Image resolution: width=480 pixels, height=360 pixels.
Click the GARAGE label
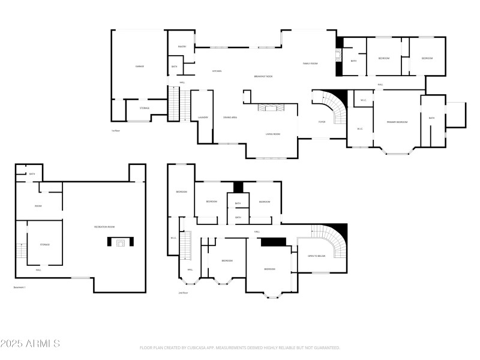click(139, 66)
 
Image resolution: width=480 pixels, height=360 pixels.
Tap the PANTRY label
click(182, 47)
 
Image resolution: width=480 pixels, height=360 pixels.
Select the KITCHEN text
click(217, 71)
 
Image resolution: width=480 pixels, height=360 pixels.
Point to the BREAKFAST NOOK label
click(263, 76)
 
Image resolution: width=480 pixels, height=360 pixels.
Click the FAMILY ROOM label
click(310, 63)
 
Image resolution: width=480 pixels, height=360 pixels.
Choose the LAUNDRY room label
click(203, 117)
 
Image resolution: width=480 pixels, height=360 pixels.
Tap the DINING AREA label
click(230, 118)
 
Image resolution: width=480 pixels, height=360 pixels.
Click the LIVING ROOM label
click(273, 134)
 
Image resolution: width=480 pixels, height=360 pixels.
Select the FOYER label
click(322, 122)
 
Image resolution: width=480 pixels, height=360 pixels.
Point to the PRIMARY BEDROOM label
click(397, 122)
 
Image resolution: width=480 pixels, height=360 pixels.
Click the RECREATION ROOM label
click(104, 226)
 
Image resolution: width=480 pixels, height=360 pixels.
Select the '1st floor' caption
click(116, 130)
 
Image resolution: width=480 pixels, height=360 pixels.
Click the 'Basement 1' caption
click(20, 287)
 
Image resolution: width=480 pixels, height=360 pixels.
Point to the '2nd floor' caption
click(183, 293)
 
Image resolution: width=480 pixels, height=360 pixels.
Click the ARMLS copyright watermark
click(30, 344)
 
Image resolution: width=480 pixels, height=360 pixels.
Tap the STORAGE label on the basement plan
click(44, 244)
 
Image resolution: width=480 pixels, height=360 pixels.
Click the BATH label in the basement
click(32, 174)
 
